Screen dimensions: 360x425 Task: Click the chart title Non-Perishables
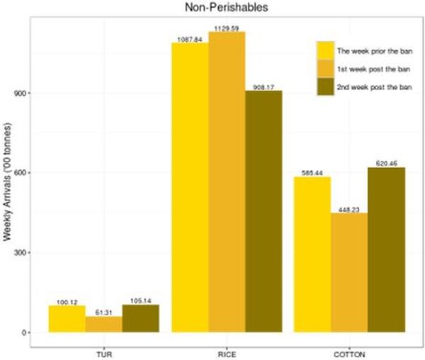point(212,8)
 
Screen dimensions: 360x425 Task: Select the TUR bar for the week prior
point(67,319)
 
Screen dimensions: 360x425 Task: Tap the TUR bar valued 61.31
point(104,324)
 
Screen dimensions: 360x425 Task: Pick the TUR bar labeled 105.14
point(140,318)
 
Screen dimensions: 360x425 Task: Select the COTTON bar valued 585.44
point(312,254)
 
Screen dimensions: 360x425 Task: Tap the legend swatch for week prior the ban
point(324,51)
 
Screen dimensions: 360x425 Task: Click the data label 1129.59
point(227,28)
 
